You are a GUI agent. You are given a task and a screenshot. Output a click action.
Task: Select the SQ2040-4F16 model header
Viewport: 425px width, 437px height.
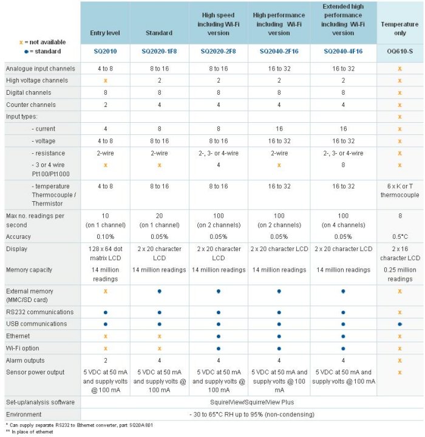point(343,52)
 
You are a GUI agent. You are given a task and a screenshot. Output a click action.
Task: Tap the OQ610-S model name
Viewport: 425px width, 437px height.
point(400,52)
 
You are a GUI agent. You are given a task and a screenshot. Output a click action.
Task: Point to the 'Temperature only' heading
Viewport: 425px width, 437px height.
point(400,28)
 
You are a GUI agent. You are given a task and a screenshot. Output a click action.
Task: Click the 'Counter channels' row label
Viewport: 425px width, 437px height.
point(32,104)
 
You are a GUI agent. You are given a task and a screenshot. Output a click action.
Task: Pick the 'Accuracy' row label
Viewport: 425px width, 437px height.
point(19,236)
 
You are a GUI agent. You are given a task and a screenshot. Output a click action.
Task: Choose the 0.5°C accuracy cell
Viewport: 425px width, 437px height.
point(400,236)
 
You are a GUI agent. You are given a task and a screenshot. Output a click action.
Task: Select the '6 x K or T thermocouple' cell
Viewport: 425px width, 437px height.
point(400,191)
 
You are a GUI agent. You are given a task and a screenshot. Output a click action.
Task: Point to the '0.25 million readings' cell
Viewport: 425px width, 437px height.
point(400,274)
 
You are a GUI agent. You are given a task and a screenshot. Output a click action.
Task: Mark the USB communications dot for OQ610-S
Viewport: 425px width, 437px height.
point(400,324)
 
